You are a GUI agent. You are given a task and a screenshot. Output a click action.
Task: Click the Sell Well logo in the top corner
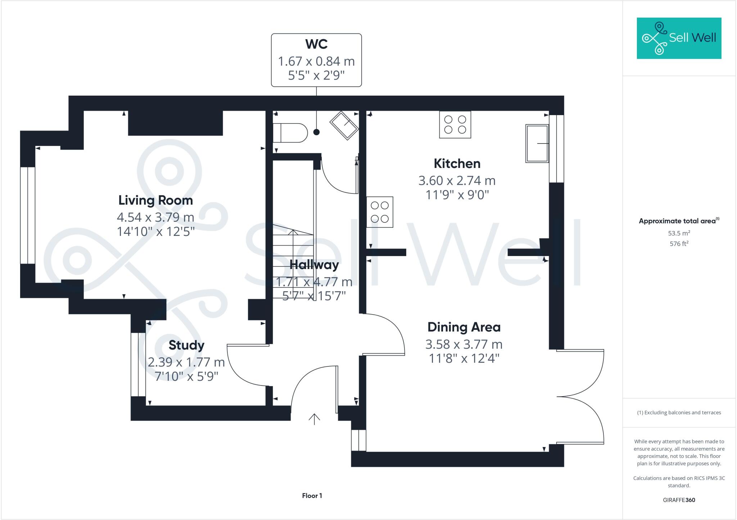679,38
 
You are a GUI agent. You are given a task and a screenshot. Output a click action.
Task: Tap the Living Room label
156,200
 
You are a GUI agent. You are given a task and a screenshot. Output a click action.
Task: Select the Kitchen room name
457,164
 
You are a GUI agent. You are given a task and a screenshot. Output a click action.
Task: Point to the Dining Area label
464,327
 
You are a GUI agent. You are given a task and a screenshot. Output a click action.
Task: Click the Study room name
186,345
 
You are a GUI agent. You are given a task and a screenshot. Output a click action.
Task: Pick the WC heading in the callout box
316,44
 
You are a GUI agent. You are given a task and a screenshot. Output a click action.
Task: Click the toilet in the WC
290,133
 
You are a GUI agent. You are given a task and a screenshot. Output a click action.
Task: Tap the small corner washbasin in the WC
344,126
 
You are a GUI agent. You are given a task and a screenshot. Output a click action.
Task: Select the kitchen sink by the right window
537,143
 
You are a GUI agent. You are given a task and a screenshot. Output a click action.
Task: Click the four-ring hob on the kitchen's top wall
455,125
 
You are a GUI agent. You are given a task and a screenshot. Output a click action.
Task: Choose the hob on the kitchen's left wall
380,212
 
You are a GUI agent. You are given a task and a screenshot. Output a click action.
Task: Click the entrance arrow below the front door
314,419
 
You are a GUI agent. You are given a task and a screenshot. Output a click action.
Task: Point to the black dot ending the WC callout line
316,132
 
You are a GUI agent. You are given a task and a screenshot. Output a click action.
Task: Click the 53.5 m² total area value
679,233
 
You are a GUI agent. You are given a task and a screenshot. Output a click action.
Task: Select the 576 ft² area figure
679,243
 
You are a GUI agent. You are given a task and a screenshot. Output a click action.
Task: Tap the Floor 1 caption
312,496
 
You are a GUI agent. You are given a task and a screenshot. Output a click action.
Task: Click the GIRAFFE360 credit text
679,500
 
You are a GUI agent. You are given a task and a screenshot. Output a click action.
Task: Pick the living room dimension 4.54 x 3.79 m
155,217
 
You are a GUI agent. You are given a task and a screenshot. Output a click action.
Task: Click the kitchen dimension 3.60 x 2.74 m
457,181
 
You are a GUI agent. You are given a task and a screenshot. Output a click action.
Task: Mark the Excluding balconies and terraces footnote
679,412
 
